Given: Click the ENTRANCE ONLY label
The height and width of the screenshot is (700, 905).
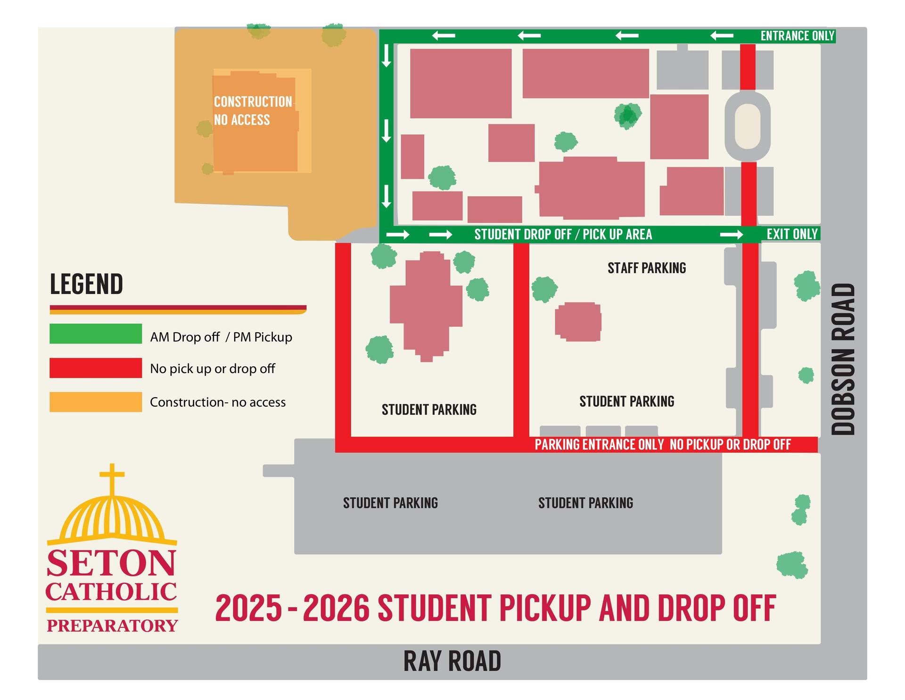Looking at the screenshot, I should pos(797,36).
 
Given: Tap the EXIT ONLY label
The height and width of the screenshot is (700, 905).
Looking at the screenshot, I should pos(792,234).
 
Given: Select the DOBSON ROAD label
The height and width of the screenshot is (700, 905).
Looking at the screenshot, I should pos(843,359).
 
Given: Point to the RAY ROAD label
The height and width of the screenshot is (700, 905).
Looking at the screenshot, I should pos(452,661).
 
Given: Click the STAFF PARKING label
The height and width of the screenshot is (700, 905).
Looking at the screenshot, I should pos(647,268).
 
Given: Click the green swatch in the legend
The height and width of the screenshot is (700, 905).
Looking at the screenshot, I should pos(96,333).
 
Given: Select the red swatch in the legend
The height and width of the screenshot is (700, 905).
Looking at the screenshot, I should pos(96,368).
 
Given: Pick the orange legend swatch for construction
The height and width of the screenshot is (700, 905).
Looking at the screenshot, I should pos(96,402).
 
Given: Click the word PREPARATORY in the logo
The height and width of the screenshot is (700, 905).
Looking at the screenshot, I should pos(112,625).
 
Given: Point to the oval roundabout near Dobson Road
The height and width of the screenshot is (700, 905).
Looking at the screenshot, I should pos(748,126).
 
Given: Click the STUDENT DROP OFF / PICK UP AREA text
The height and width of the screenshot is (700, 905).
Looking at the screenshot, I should pos(563,234).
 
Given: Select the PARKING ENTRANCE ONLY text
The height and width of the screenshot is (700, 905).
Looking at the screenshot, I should pos(599,444).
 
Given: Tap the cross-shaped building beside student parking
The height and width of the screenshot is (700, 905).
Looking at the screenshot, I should pos(427,307).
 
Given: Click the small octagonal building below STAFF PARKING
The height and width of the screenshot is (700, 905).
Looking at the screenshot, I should pos(578,322).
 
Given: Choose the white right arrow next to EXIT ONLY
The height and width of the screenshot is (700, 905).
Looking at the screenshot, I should pos(732,234).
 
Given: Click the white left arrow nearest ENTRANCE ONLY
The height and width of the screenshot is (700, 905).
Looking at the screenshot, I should pos(722,36).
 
